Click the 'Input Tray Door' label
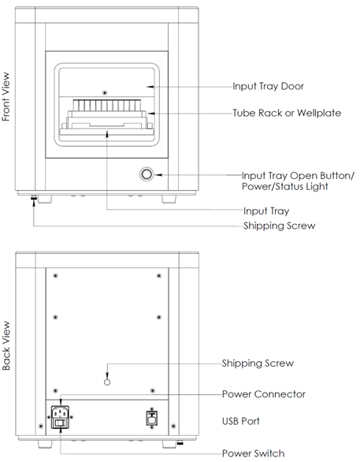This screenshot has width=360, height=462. click(x=268, y=87)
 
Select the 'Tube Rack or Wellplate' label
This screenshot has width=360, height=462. click(x=287, y=113)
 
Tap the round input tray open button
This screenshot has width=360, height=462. click(x=147, y=174)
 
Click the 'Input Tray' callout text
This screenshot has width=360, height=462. click(x=266, y=211)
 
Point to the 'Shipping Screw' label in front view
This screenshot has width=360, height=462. click(x=280, y=225)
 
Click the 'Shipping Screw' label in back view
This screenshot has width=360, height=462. click(x=258, y=363)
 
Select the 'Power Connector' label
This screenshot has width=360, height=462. click(x=264, y=394)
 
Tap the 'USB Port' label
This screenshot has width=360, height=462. click(x=241, y=421)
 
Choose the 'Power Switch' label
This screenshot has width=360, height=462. click(x=253, y=453)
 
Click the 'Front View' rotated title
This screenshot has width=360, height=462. click(x=6, y=97)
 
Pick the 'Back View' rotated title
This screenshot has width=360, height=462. click(x=6, y=345)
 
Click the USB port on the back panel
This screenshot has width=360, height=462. click(x=152, y=419)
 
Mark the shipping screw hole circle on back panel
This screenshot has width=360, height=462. click(x=107, y=382)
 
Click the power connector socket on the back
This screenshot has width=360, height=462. click(x=61, y=412)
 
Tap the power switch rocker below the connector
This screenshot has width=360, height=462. click(x=61, y=423)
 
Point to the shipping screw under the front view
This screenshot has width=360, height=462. click(x=34, y=198)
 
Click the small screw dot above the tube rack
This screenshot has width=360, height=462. click(x=105, y=93)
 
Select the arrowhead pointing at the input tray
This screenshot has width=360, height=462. click(x=107, y=134)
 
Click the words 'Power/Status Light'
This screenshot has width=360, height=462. click(x=284, y=187)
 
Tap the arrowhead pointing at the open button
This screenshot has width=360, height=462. click(x=158, y=175)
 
